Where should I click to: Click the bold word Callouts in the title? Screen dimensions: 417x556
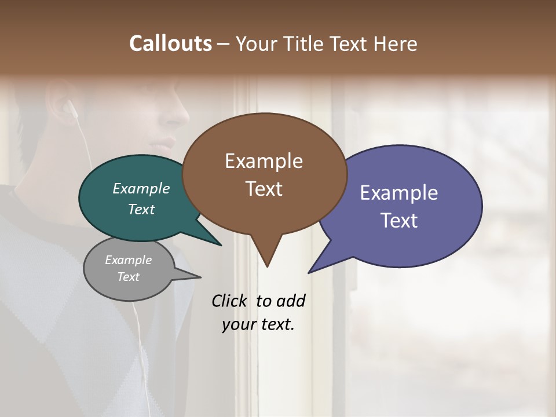[x=170, y=43]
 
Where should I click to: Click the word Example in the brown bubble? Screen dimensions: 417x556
[x=264, y=161]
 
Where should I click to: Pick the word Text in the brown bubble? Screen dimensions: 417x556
[x=264, y=189]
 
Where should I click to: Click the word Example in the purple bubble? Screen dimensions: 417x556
[x=399, y=193]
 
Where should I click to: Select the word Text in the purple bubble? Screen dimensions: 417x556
[x=399, y=221]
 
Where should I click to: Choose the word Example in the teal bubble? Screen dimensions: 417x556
[x=141, y=188]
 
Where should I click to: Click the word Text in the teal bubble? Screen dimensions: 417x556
[x=141, y=209]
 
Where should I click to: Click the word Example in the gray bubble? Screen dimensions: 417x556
[x=128, y=260]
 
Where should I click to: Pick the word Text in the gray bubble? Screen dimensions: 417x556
[x=128, y=277]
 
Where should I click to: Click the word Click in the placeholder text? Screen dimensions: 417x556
[x=230, y=301]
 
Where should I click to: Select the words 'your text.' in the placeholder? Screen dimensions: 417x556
[x=258, y=324]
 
